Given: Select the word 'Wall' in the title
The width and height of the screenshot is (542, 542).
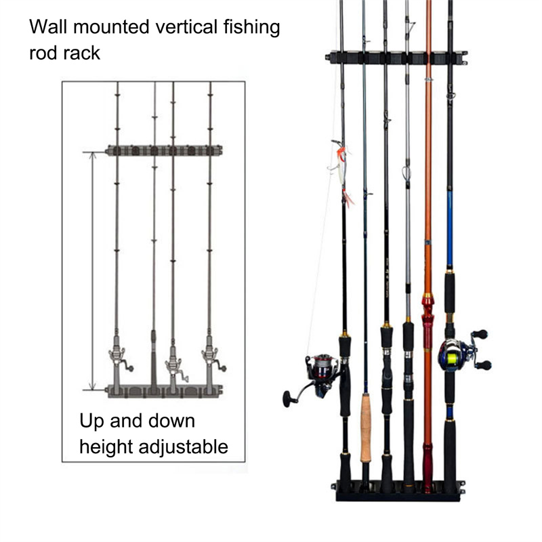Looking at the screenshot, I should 48,28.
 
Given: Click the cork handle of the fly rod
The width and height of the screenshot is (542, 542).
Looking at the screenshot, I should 366,428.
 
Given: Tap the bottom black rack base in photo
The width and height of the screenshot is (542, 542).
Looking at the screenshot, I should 400,489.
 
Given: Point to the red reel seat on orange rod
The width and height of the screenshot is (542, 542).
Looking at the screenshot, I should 428,318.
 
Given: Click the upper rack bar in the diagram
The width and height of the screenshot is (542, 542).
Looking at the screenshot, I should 164,150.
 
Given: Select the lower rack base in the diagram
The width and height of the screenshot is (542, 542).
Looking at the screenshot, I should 164,390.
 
